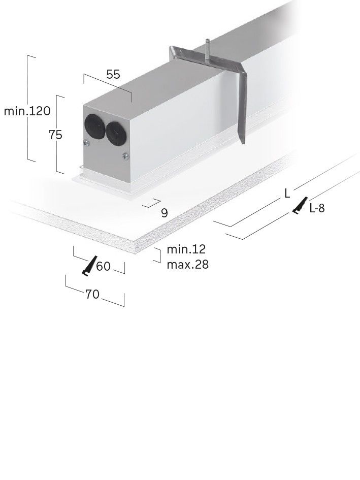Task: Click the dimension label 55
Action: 113,74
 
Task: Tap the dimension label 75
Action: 55,135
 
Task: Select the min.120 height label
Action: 27,111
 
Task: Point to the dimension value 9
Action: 164,213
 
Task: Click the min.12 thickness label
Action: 186,249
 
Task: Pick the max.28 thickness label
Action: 187,265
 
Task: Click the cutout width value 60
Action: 103,266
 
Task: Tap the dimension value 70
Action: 92,294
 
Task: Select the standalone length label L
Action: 287,193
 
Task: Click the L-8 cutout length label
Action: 317,208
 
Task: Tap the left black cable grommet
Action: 93,125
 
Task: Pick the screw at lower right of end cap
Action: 125,156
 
